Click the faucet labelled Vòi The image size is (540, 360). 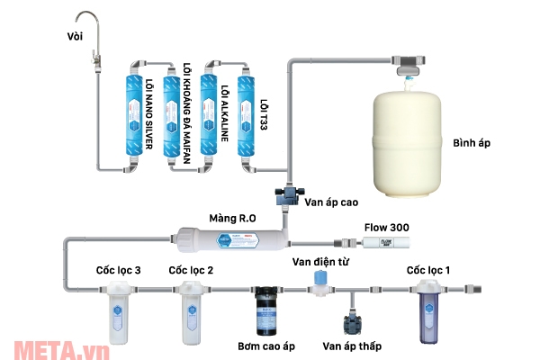[x=91, y=36]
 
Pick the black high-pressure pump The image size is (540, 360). [x=267, y=307]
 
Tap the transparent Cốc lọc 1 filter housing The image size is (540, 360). [x=428, y=310]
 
